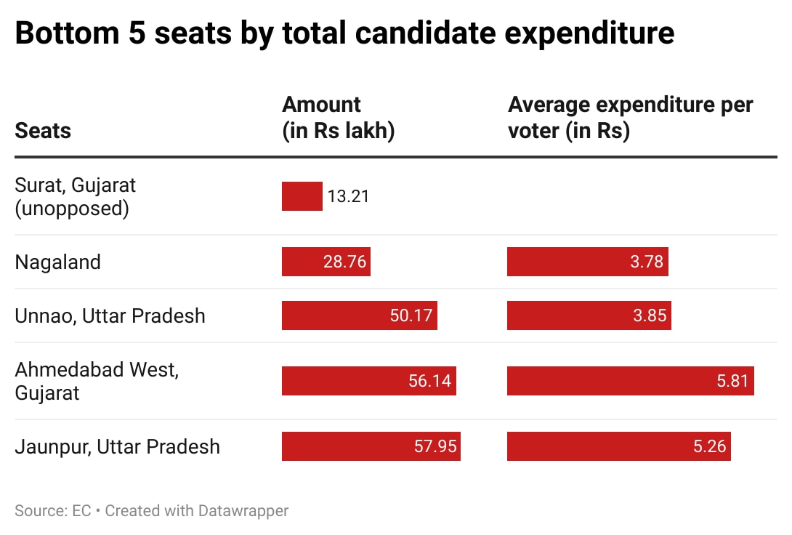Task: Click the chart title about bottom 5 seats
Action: tap(344, 34)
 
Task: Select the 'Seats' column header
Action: tap(43, 131)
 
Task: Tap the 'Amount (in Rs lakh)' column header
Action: tap(338, 118)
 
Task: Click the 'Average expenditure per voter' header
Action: tap(630, 118)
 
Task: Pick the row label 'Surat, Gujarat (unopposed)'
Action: tap(75, 197)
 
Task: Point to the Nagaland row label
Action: tap(57, 262)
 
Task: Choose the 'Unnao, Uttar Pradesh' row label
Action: tap(110, 316)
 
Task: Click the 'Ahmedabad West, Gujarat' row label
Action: tap(96, 381)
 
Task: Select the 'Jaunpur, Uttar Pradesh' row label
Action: tap(117, 446)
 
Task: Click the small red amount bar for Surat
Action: tap(302, 196)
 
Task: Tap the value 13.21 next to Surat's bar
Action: tap(348, 197)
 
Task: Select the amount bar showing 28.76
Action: tap(326, 262)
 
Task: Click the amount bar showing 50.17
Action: tap(359, 315)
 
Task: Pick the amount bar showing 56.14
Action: tap(368, 381)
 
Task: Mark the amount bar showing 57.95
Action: tap(371, 446)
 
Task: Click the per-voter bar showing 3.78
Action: tap(587, 262)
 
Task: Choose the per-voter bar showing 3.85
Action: tap(589, 315)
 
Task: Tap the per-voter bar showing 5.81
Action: tap(630, 381)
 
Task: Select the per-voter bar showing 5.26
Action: tap(618, 446)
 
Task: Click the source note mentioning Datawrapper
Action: tap(151, 511)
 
